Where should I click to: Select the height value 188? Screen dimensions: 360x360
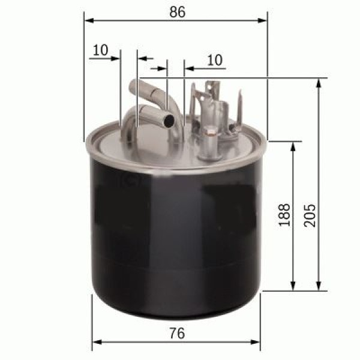pyautogui.click(x=284, y=214)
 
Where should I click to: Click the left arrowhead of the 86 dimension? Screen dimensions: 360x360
pyautogui.click(x=89, y=20)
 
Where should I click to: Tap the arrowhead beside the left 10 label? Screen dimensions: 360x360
pyautogui.click(x=117, y=59)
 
